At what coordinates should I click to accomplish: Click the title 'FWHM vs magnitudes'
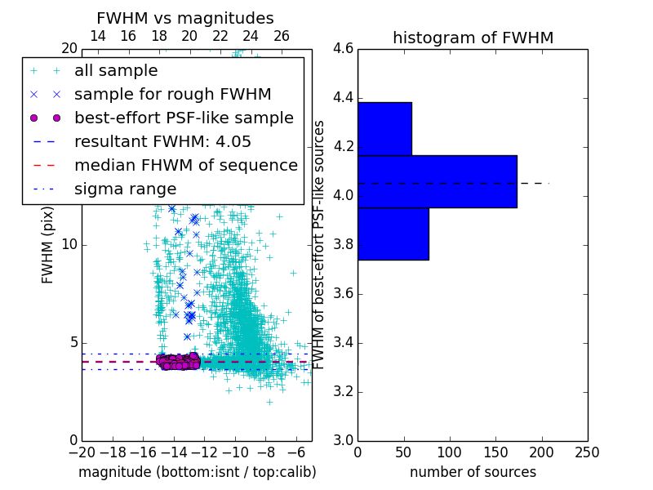184,18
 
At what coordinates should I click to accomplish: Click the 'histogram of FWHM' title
473,38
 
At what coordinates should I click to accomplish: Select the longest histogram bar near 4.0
437,181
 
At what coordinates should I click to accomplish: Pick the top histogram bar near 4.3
384,128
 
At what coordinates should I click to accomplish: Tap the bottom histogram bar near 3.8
393,234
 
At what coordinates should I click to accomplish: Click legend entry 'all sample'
116,71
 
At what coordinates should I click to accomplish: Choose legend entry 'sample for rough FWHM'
172,94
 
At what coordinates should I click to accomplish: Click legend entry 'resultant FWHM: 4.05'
162,141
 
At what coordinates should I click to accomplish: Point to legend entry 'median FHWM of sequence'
185,165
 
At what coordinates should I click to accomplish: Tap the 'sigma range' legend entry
125,189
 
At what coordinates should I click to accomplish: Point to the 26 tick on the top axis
282,36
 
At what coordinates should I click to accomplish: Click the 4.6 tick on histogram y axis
343,49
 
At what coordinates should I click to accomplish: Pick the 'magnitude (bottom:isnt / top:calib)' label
197,472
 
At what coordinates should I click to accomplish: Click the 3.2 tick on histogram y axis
343,391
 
